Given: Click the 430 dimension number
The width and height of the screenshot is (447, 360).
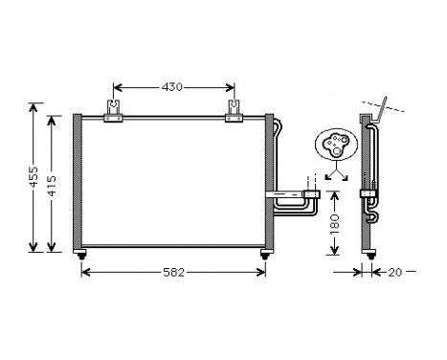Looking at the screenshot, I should [171, 87].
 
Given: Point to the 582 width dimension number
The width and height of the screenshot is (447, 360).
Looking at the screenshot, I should [173, 273].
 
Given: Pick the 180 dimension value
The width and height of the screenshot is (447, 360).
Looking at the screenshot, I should [333, 224].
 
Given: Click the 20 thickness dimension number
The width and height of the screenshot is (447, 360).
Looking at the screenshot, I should [396, 272].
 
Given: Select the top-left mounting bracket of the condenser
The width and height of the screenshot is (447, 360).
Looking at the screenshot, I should [114, 112].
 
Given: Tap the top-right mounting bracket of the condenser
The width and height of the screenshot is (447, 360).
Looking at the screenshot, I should [233, 112].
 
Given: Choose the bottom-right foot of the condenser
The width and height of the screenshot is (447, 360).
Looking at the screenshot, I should [262, 254].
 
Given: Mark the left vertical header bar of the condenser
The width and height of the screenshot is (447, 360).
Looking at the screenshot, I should [77, 182].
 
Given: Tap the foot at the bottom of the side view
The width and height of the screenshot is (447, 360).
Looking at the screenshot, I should [366, 254].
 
